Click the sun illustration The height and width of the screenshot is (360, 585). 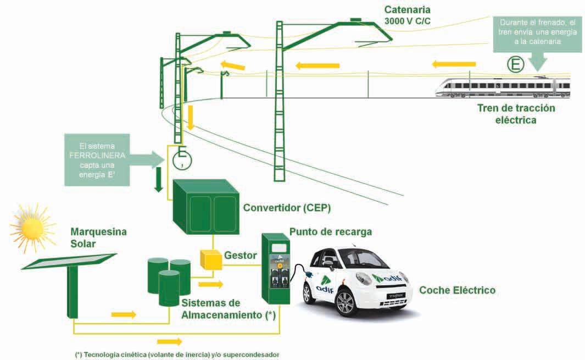[31, 226]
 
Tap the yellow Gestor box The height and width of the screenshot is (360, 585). [210, 260]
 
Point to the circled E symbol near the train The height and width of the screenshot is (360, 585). [515, 65]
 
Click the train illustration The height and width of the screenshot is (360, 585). [503, 87]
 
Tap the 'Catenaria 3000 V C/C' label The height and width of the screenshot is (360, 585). [408, 16]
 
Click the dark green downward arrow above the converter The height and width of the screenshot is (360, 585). [159, 181]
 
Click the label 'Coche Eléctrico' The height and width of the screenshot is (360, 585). [457, 290]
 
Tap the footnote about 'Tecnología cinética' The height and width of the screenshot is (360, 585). [181, 355]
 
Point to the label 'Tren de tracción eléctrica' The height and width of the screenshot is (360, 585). [515, 114]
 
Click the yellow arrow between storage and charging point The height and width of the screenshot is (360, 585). [211, 284]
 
